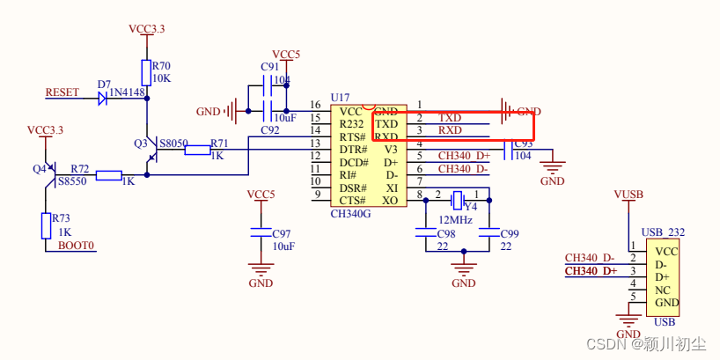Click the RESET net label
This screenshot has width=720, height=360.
point(62,92)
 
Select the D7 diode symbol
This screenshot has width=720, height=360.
point(104,97)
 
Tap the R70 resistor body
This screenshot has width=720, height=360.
point(146,72)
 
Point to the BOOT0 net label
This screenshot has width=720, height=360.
point(76,246)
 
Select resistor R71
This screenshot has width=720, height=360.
point(197,150)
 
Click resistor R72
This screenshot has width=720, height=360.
point(108,175)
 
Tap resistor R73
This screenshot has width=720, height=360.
point(45,225)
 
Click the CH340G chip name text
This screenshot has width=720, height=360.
point(350,213)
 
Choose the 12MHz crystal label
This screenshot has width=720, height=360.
point(455,218)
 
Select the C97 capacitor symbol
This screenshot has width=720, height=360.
point(261,233)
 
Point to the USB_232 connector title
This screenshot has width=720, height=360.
point(663,231)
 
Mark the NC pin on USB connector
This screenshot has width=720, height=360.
point(663,290)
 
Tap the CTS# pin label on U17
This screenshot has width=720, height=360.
point(353,201)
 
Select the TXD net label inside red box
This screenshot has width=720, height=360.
point(450,118)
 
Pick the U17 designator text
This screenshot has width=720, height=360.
point(340,97)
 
